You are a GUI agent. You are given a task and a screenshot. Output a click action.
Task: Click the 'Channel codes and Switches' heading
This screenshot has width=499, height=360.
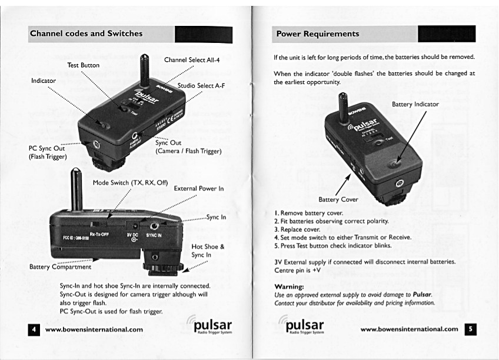coord(87,34)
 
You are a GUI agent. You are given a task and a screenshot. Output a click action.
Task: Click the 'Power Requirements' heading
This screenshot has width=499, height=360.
coord(318,34)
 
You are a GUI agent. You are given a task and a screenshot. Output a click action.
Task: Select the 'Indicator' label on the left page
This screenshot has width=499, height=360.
coord(44,81)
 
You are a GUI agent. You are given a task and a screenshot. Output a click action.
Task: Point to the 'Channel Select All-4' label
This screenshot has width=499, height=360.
coord(191,60)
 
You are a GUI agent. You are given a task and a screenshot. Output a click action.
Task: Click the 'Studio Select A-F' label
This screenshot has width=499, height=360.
coord(201,86)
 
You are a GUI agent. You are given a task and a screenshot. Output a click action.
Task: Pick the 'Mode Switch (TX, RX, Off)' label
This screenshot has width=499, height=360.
coord(130,183)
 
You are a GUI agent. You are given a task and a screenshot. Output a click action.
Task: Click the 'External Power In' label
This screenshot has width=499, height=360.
coord(199,189)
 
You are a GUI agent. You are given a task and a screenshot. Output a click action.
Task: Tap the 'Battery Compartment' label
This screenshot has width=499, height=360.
coord(60,266)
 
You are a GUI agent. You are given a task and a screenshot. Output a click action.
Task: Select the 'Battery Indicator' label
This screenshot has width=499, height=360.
coord(415,104)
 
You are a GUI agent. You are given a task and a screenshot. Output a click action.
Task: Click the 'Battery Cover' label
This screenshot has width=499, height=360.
coord(338,199)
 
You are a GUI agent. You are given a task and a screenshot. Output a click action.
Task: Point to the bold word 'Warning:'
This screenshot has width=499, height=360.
coord(289,286)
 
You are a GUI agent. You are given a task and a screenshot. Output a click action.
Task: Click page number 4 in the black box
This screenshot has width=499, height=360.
coord(34,329)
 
